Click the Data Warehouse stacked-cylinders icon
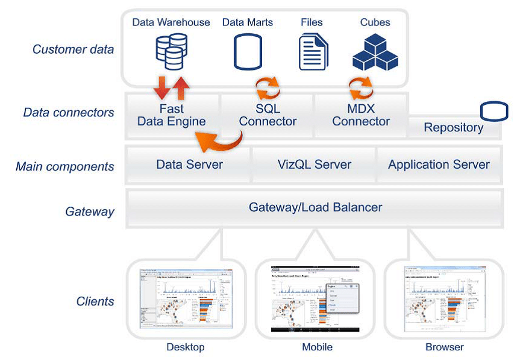(x=171, y=51)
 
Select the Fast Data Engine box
(x=171, y=115)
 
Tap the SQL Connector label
(x=268, y=115)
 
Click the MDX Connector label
(x=361, y=115)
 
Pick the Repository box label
(x=453, y=128)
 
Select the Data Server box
(x=189, y=164)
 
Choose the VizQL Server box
(x=315, y=164)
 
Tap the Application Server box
(x=439, y=164)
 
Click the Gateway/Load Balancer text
(x=315, y=207)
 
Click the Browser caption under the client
(x=445, y=347)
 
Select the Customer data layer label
(x=73, y=49)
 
